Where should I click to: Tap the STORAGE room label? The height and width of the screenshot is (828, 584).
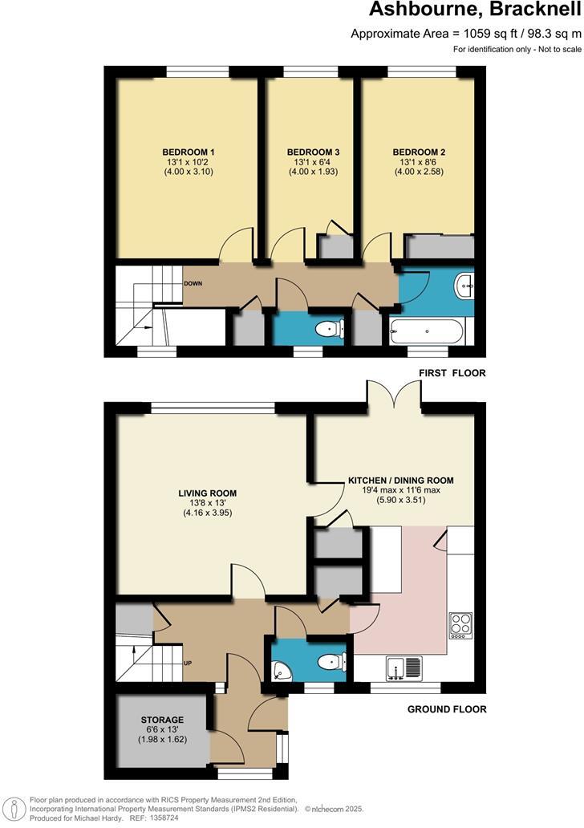tap(163, 720)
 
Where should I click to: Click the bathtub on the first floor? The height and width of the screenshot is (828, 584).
tap(426, 331)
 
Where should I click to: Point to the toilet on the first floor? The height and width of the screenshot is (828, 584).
tap(330, 329)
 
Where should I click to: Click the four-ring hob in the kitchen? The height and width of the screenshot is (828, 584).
tap(460, 623)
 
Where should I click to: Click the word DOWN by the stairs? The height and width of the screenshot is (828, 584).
tap(193, 284)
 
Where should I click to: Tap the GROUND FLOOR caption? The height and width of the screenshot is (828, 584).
tap(447, 709)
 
